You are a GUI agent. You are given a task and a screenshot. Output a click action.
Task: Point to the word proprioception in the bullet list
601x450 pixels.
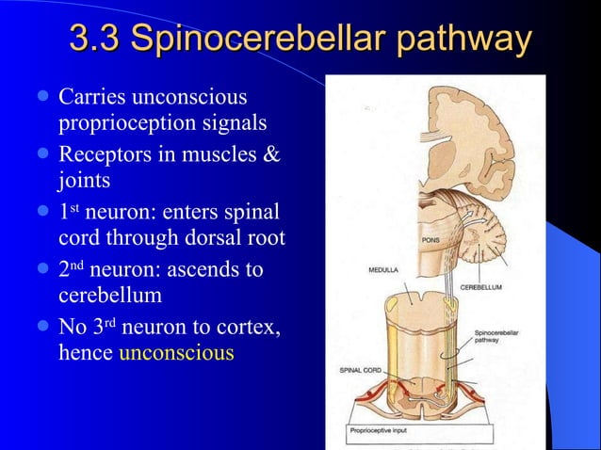tap(120, 124)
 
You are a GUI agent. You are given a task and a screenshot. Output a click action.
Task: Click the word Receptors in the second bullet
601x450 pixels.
tap(102, 153)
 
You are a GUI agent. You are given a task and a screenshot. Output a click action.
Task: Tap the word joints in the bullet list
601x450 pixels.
tap(82, 180)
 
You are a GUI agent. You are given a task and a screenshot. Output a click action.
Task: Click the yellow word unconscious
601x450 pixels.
tap(176, 354)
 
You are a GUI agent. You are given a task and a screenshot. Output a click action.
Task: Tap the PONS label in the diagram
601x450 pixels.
tap(431, 239)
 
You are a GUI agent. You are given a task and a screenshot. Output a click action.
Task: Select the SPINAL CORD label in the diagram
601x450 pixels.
tap(360, 370)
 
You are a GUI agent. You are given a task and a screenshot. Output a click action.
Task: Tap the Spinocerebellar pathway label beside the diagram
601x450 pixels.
tap(495, 339)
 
